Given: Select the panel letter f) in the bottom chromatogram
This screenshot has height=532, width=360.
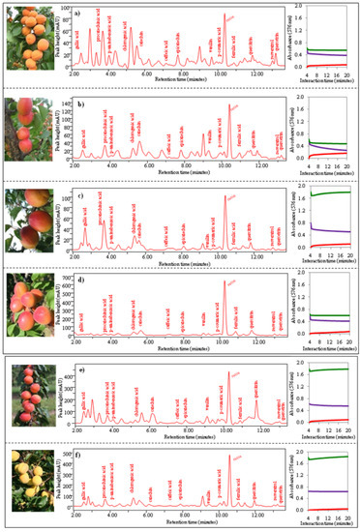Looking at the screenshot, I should (x=77, y=451).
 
